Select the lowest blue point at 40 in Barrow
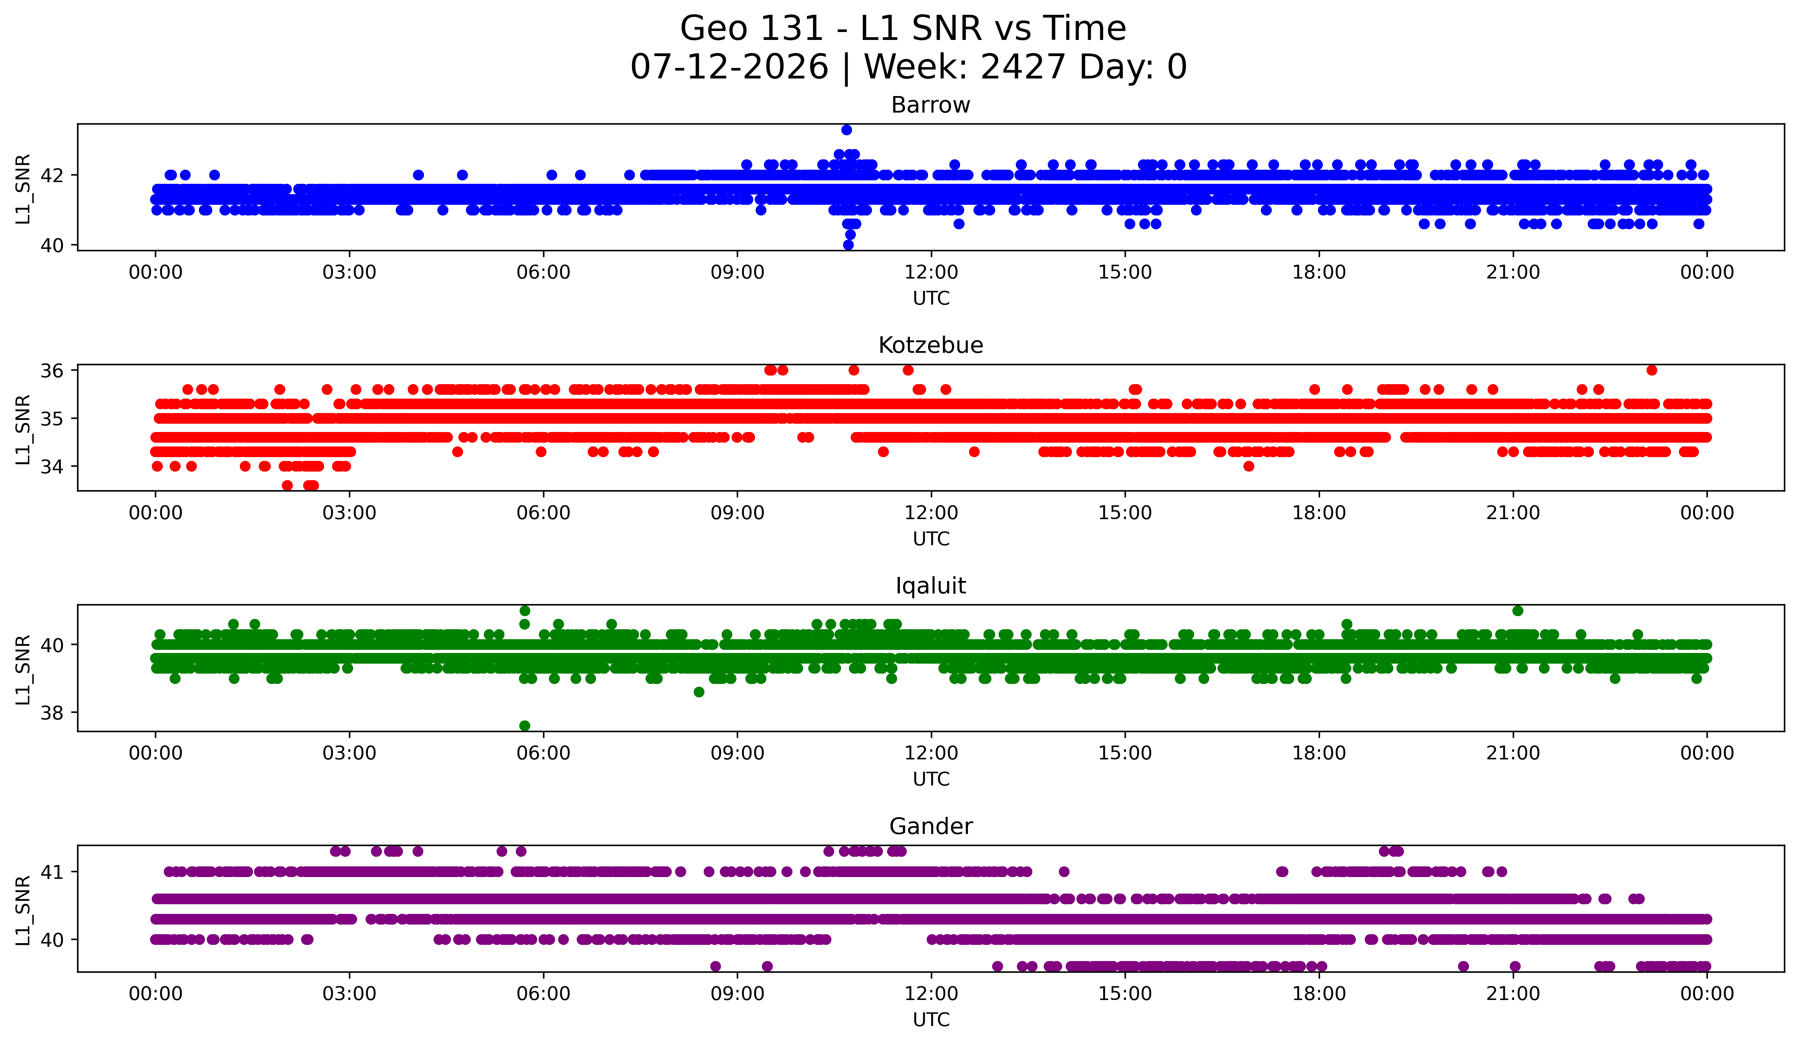click(848, 245)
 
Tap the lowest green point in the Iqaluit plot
click(524, 726)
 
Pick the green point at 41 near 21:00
click(1518, 611)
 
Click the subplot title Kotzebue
click(930, 345)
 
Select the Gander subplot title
click(930, 826)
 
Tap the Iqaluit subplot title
click(930, 586)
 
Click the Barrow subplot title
click(930, 105)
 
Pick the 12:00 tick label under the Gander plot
click(931, 993)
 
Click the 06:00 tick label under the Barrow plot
click(544, 272)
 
